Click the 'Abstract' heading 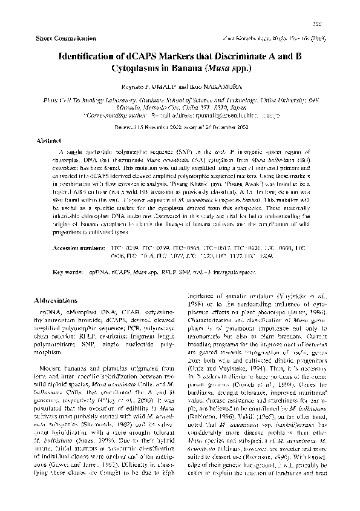(50, 139)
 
